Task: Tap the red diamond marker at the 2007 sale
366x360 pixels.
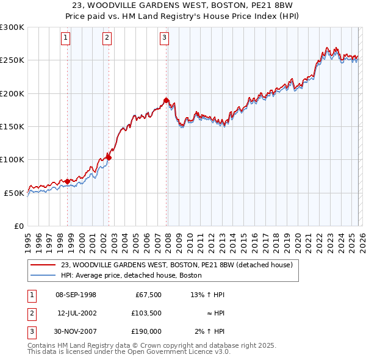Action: pos(166,100)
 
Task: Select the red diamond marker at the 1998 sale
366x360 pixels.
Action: pos(67,181)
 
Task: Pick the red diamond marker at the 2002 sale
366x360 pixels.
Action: pos(109,157)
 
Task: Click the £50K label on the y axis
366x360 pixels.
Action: pos(14,193)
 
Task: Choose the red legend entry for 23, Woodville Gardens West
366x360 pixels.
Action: pos(177,265)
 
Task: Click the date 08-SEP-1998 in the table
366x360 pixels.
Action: pos(76,295)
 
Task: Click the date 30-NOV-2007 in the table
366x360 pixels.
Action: pos(76,331)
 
